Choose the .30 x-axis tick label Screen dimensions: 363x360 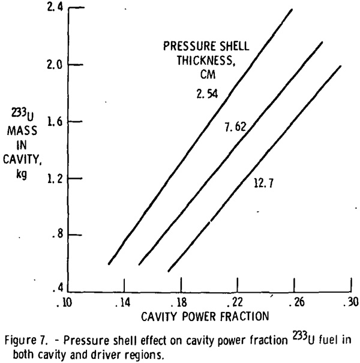tap(350, 302)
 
